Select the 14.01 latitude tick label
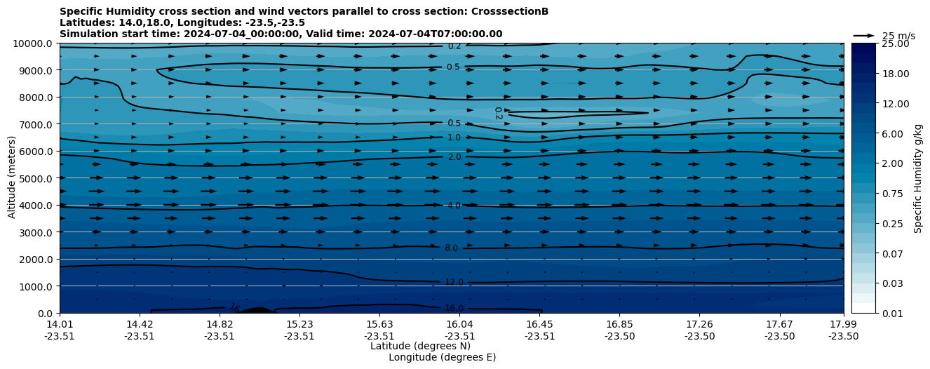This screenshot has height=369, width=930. [60, 324]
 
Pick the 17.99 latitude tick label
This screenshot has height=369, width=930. [844, 324]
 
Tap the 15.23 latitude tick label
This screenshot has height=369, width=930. [299, 324]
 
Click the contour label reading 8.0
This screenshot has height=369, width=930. [451, 248]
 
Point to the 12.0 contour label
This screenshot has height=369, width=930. [454, 282]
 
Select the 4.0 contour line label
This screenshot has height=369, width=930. [454, 206]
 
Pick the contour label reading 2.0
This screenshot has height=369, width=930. [454, 157]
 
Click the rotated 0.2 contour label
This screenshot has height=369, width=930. [498, 113]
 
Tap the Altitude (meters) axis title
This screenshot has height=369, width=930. [12, 178]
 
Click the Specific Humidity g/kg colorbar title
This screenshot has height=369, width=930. [918, 178]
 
